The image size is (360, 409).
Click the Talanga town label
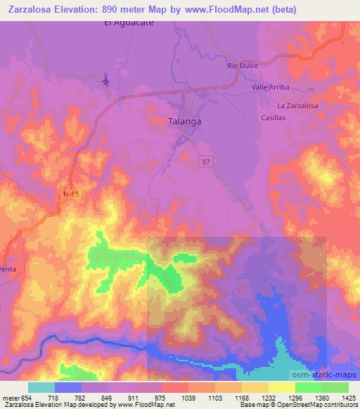tap(186, 121)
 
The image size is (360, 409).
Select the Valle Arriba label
tap(271, 88)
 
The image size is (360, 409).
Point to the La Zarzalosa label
tap(297, 105)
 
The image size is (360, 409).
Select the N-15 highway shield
tap(67, 190)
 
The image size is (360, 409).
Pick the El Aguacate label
tap(129, 22)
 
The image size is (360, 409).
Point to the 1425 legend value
tap(348, 397)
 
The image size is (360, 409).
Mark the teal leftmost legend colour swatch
tap(41, 387)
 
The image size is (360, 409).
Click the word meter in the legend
tap(10, 397)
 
